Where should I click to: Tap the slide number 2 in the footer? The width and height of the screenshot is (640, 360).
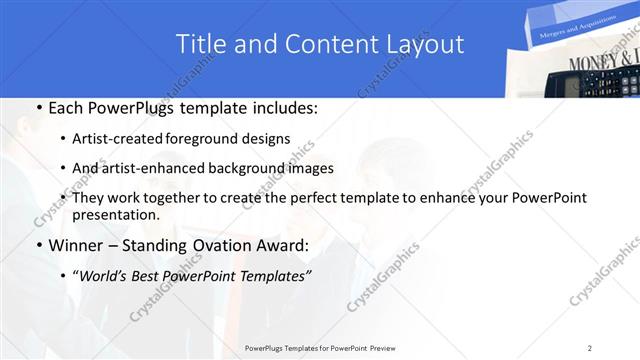[x=590, y=348]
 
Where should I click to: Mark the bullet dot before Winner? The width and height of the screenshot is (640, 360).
[x=38, y=245]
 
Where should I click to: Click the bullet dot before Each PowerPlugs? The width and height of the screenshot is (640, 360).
[x=38, y=108]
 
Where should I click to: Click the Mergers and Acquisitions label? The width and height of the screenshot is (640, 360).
[x=567, y=32]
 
